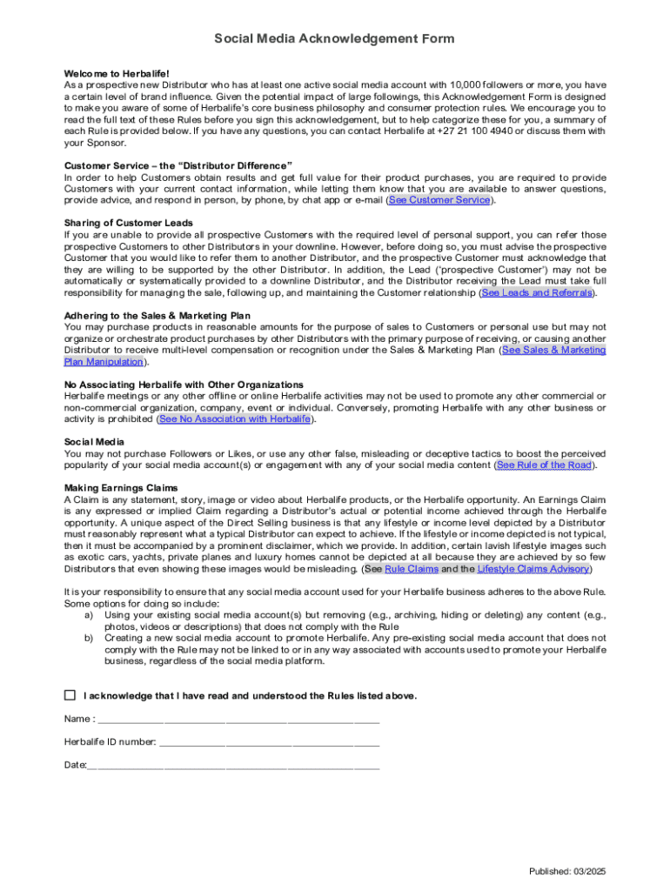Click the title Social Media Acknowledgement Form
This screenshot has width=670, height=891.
[x=335, y=40]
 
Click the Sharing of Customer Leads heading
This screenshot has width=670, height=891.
[x=129, y=224]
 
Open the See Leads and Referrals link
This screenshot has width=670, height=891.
[x=537, y=293]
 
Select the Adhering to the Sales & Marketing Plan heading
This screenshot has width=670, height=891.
[x=163, y=316]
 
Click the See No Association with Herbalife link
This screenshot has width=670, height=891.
[x=234, y=419]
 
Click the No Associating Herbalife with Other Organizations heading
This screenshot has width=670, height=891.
[x=184, y=385]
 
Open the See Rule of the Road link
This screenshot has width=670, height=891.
[x=544, y=466]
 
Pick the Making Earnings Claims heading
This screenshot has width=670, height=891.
[x=121, y=488]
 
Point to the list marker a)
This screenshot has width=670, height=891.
[x=89, y=615]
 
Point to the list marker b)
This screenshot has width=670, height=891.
[x=89, y=638]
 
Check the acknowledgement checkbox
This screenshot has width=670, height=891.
[x=70, y=696]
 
